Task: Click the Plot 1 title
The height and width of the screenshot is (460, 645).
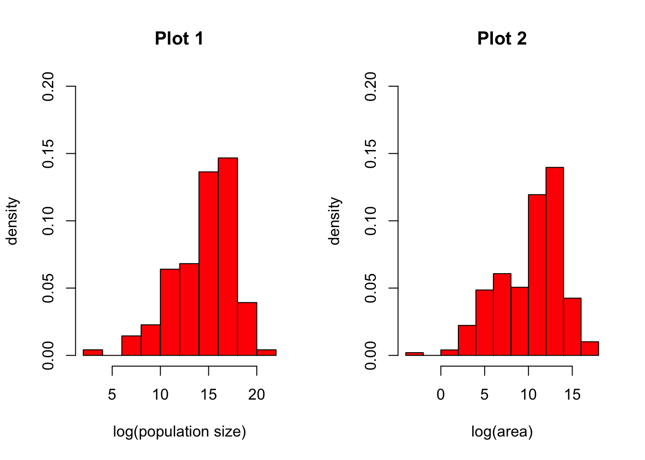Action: (179, 39)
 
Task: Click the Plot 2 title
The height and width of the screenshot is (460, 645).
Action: (502, 39)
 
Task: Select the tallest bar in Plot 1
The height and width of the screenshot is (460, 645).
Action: (228, 256)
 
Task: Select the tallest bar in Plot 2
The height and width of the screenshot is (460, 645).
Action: (554, 261)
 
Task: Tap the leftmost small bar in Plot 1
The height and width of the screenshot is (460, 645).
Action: (93, 353)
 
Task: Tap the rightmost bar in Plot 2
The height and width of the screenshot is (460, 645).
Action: (590, 348)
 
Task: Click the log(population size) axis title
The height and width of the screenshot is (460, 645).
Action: (179, 432)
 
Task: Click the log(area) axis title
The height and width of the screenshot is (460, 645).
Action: (502, 432)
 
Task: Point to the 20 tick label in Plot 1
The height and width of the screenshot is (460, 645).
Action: (257, 395)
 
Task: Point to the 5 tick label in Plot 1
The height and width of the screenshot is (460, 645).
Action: (112, 395)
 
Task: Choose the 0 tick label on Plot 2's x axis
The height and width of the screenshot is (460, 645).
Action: (441, 395)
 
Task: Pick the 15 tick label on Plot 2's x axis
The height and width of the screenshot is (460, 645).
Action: (572, 395)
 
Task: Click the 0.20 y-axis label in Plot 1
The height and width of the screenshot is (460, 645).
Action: (48, 87)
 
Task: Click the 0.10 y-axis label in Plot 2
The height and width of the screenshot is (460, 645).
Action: (371, 221)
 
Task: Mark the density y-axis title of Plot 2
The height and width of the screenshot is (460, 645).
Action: (334, 221)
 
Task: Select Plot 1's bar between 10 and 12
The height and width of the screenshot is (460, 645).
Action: (170, 312)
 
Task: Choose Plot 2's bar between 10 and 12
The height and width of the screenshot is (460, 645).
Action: (537, 275)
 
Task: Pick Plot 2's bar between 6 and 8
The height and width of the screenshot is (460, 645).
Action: (502, 314)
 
